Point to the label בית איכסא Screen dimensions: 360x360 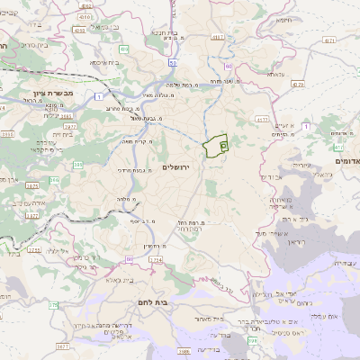point(106,63)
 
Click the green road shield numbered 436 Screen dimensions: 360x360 point(123,49)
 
